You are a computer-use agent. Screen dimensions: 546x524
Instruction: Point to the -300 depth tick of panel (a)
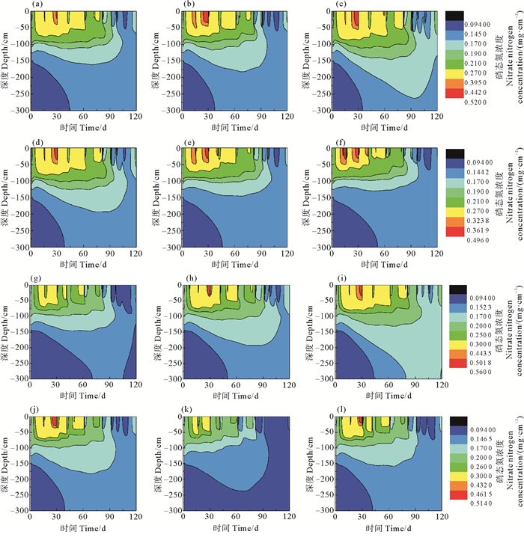(18, 110)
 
